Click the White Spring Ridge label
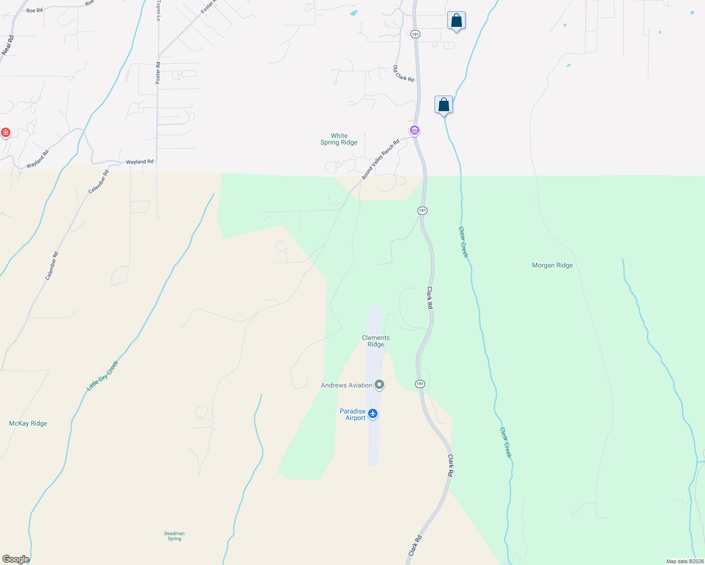click(339, 139)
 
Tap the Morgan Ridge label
click(552, 266)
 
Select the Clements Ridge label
click(376, 341)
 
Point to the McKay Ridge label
click(28, 424)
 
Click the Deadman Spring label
click(174, 536)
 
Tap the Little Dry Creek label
click(103, 376)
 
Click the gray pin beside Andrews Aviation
click(379, 385)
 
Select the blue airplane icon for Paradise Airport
click(373, 414)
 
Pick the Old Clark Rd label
click(404, 73)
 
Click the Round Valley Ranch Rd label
click(381, 159)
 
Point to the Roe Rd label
click(34, 10)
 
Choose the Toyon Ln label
click(158, 10)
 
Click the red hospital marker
click(6, 133)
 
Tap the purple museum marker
click(415, 130)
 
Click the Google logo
click(16, 559)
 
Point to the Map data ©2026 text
click(685, 561)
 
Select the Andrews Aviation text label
click(346, 386)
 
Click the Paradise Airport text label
click(352, 414)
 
